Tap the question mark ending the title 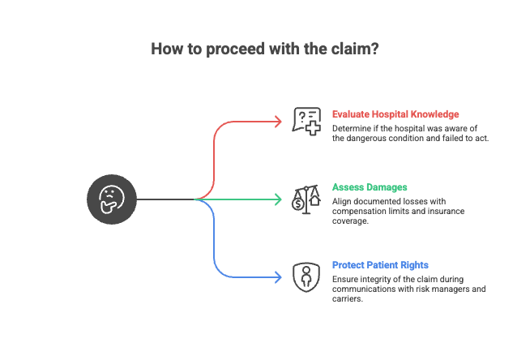click(376, 49)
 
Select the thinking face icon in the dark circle click(111, 198)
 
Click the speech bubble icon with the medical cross click(307, 122)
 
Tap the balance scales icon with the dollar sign click(307, 199)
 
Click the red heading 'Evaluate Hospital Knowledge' click(395, 114)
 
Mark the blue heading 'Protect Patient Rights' click(381, 265)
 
